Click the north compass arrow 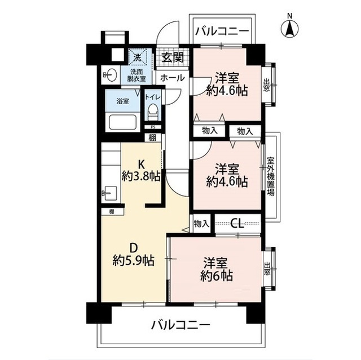[x=290, y=28]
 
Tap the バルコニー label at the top [x=222, y=32]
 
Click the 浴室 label [x=122, y=101]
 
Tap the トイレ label [x=152, y=97]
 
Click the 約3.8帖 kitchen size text [x=140, y=175]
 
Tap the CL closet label [x=237, y=224]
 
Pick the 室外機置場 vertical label [x=270, y=176]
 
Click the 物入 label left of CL [x=201, y=224]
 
